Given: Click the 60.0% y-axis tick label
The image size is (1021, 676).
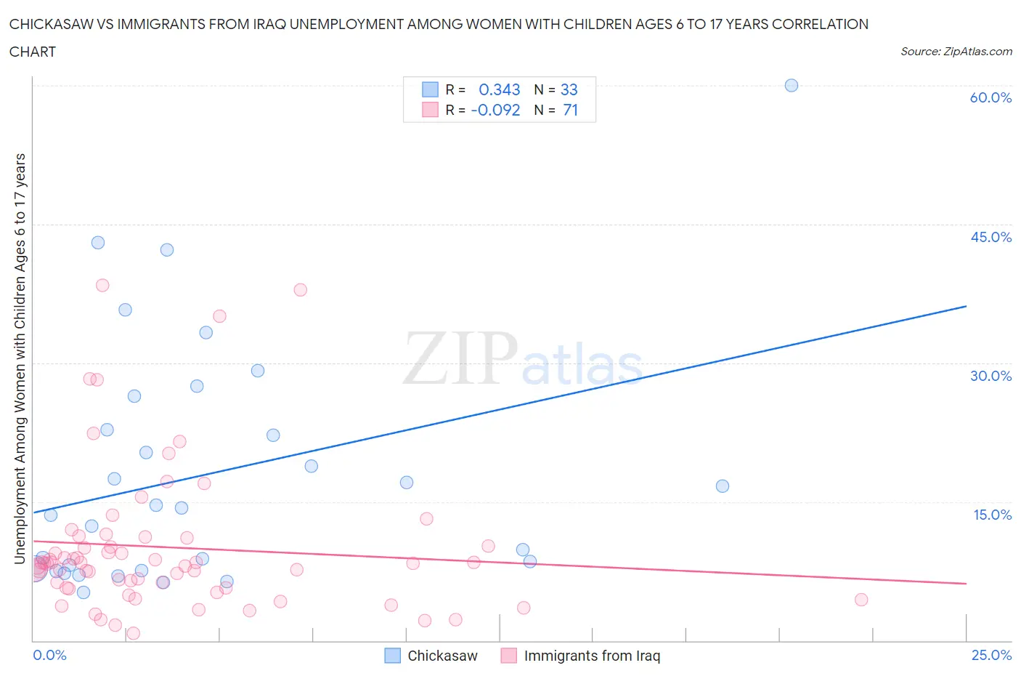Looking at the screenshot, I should coord(991,97).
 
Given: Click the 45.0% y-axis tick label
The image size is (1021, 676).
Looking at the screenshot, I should coord(991,237).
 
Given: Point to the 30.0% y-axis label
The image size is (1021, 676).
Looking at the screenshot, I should coord(991,376).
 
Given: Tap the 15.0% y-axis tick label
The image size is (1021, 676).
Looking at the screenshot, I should coord(992,515).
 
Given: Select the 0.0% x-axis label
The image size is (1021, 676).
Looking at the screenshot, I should coord(49,655).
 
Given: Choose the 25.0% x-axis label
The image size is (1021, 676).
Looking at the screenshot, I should coord(992,655).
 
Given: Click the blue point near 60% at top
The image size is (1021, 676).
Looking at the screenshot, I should coord(792,85).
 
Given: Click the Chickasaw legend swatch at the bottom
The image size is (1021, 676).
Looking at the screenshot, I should coord(392,656).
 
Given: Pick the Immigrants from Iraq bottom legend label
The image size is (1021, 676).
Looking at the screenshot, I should coord(592,656).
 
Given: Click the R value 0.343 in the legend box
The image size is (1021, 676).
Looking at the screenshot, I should coord(500,89).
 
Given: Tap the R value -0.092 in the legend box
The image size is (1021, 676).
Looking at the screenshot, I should coord(496,110).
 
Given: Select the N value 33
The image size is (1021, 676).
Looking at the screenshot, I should coord(569,89).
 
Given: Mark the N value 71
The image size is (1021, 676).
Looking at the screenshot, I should coord(570,110).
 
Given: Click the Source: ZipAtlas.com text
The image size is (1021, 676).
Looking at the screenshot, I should coord(956,51).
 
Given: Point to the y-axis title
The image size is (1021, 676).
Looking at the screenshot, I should coord(20,358).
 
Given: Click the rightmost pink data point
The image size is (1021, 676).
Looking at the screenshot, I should coord(861,600).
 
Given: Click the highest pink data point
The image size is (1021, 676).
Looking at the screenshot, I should coord(300,290).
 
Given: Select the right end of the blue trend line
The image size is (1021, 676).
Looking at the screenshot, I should coord(966,306).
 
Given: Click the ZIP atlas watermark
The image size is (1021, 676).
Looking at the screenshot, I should coord(523,358).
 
